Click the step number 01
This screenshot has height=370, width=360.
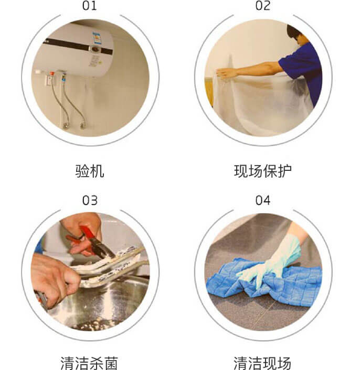90,6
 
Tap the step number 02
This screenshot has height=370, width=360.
263,6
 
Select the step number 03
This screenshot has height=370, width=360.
90,200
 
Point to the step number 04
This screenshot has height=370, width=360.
263,200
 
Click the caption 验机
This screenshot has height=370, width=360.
90,171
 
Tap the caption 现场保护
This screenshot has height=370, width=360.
263,171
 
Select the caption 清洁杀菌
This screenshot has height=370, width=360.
89,363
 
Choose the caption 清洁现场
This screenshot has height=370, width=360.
262,363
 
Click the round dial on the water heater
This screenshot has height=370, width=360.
95,49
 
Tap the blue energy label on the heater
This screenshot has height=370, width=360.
97,38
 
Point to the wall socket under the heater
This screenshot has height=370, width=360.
50,81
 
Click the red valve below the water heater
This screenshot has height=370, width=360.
52,73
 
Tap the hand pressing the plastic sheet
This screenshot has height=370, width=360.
226,73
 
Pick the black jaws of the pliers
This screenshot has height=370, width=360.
102,248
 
